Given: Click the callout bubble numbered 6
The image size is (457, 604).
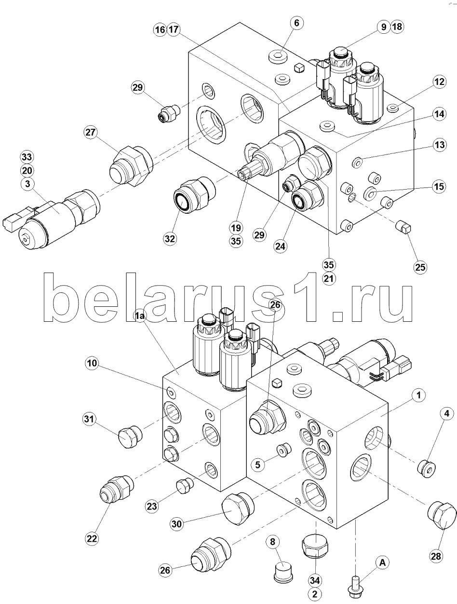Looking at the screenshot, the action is pos(296,23).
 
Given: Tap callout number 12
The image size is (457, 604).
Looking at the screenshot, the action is pos(439,82).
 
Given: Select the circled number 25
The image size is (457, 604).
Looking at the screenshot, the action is pos(420,267).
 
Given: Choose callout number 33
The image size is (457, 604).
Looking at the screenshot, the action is pos(27,157).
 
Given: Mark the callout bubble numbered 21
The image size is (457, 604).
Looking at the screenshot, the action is pos(329,278).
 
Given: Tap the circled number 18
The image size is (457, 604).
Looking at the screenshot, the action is pos(397,27).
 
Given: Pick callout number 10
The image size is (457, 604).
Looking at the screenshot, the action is pos(92,363).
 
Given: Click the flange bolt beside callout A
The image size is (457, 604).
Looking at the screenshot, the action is pos(355,586).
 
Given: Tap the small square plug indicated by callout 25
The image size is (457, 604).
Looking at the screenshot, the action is pos(403,228).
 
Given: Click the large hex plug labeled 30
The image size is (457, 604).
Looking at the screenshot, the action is pos(238,509).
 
